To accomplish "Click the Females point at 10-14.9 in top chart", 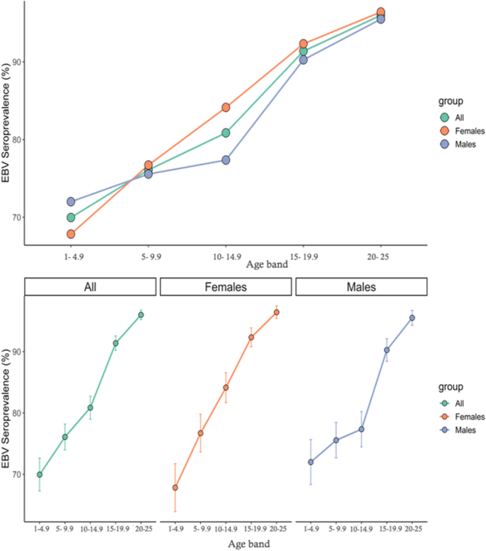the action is click(x=226, y=107).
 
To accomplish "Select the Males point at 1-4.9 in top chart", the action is click(x=71, y=202).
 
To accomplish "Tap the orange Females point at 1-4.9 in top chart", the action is click(x=71, y=234).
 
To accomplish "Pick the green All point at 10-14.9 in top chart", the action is click(x=226, y=133).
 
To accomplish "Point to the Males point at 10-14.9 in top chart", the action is click(x=226, y=160).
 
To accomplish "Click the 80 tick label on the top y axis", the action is click(x=17, y=139).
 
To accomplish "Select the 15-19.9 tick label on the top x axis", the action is click(x=304, y=257).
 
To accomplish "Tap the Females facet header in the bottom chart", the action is click(x=226, y=286).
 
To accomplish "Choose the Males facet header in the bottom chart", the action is click(x=361, y=286).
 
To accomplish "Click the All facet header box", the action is click(x=91, y=286).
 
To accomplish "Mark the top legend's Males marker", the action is click(x=444, y=144).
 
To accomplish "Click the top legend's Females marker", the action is click(x=444, y=131).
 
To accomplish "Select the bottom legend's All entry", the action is click(x=452, y=403).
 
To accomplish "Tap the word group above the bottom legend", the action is click(x=451, y=387).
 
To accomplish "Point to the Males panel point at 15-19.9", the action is click(x=386, y=350).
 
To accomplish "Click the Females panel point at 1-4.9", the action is click(x=175, y=487).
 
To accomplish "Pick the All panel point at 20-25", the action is click(x=141, y=315).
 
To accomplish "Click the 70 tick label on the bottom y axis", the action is click(x=17, y=475).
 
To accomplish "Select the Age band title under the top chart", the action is click(x=267, y=265).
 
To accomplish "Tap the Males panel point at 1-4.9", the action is click(x=311, y=462).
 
